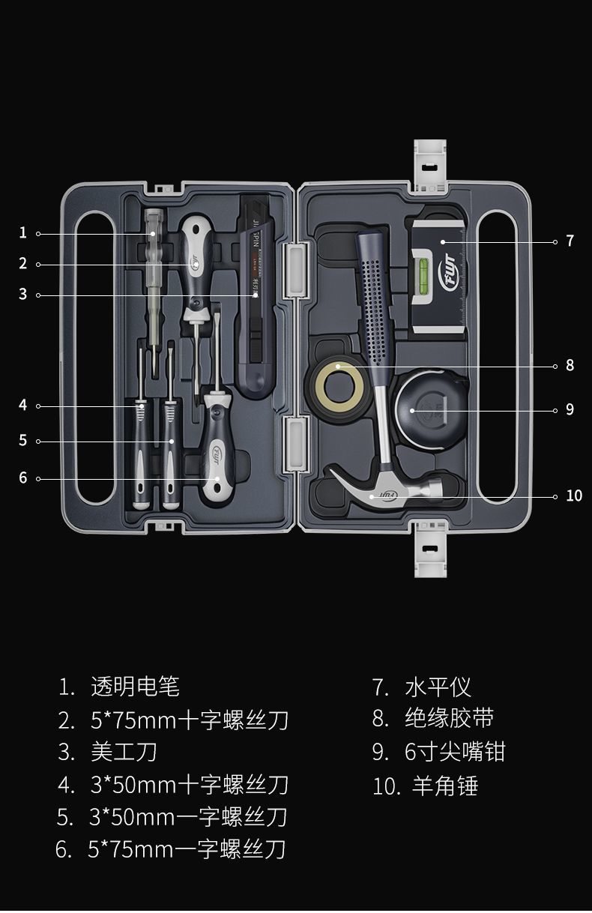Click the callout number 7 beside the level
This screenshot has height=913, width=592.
(570, 241)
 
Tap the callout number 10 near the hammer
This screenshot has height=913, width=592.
(573, 495)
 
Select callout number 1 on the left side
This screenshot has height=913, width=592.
(22, 232)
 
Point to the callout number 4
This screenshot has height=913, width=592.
(22, 405)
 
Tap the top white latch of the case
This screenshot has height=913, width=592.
(430, 161)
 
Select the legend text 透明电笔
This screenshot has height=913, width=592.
(135, 686)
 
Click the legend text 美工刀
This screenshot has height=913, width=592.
(124, 752)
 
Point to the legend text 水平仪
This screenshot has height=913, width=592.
(438, 687)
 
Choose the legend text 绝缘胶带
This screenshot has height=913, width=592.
(449, 719)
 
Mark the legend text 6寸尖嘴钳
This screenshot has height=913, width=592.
(455, 752)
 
